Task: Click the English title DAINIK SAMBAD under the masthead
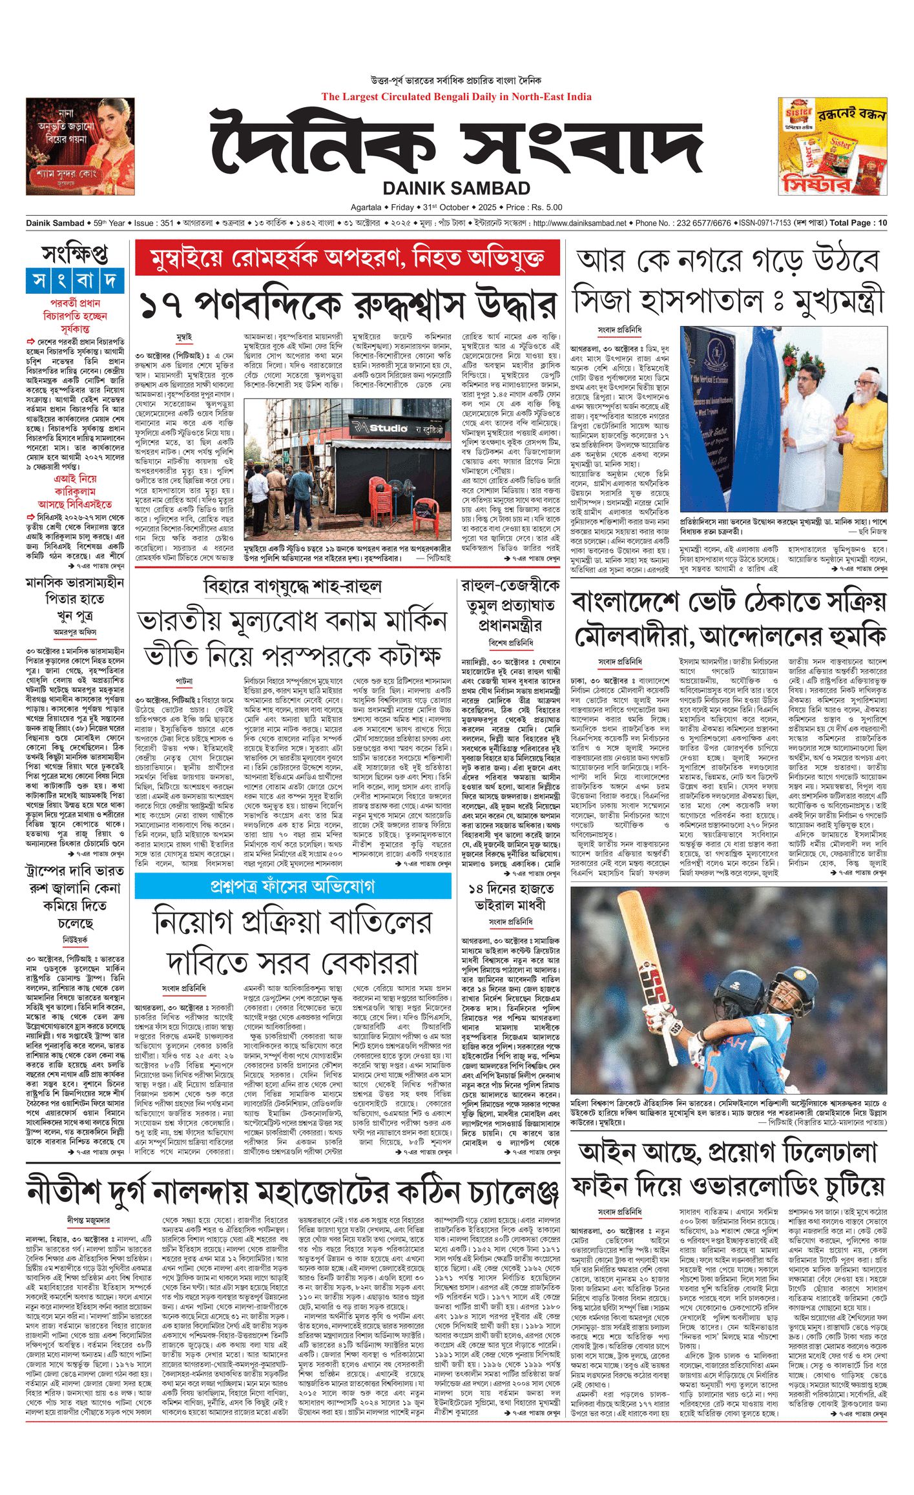(x=456, y=188)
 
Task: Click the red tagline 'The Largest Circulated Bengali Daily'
(x=456, y=97)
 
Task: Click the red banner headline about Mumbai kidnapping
(x=347, y=258)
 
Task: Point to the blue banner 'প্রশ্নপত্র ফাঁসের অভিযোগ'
(x=293, y=887)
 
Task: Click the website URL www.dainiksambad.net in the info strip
(x=579, y=223)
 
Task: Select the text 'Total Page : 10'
(x=858, y=223)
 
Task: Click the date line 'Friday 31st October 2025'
(x=456, y=207)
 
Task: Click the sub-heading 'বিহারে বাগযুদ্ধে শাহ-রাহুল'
(x=292, y=586)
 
